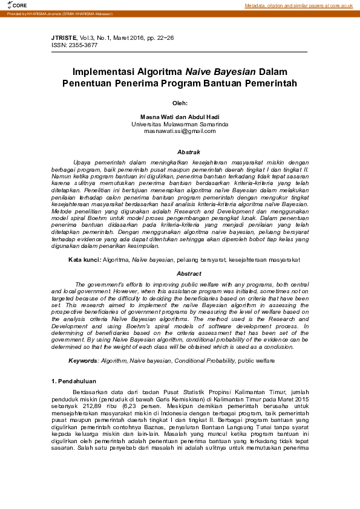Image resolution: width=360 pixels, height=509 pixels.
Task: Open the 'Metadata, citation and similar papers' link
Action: coord(299,5)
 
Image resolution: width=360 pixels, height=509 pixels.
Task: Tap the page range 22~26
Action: coord(164,38)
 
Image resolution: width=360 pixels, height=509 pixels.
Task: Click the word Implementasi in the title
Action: coord(100,71)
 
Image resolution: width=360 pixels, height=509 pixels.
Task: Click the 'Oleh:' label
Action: coord(180,103)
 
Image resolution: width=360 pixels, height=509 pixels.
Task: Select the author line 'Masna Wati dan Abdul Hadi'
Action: coord(180,117)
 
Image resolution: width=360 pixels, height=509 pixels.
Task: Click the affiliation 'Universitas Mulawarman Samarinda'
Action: coord(180,124)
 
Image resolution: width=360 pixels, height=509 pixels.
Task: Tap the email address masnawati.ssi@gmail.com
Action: coord(180,131)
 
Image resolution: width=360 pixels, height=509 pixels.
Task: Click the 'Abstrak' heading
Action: coord(180,152)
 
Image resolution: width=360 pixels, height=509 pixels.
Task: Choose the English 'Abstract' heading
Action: coord(180,274)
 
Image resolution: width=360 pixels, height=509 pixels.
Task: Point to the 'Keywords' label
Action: coord(83,360)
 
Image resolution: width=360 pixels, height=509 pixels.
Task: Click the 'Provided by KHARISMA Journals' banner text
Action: coord(48,13)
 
